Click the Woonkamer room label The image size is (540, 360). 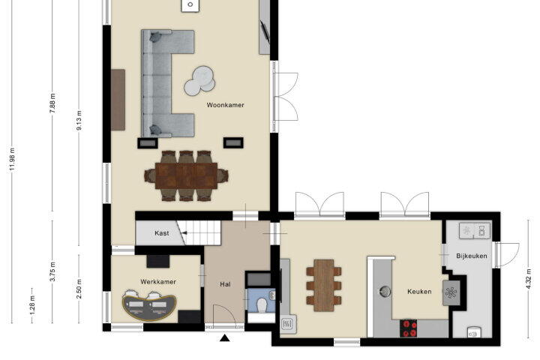(x=225, y=105)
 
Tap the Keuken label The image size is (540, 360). (x=419, y=292)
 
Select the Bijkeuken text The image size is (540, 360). (x=472, y=256)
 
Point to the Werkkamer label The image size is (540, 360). (x=158, y=282)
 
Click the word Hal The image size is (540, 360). (x=225, y=284)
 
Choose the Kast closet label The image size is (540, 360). (x=161, y=233)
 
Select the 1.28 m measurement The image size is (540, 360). (x=32, y=305)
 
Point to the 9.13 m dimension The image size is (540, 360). (x=79, y=120)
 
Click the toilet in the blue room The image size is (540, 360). (x=262, y=305)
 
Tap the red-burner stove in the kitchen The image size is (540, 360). (x=408, y=328)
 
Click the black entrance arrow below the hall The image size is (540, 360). (x=225, y=338)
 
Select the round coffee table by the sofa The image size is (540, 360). (x=199, y=81)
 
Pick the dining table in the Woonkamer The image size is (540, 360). (x=186, y=175)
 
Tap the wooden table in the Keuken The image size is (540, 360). (x=324, y=285)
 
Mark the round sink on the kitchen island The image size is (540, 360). (x=384, y=292)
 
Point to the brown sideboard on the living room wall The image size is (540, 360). (x=118, y=100)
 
